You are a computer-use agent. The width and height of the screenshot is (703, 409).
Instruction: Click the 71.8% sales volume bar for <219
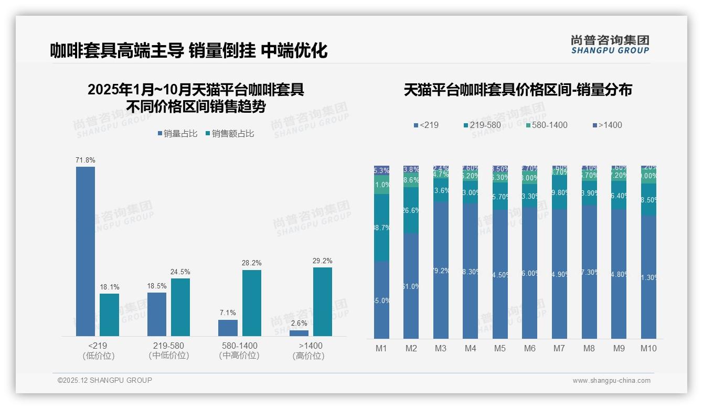86,251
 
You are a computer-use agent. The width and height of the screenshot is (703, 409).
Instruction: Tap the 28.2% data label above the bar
251,263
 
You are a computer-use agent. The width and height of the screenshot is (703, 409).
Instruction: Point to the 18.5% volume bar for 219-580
157,314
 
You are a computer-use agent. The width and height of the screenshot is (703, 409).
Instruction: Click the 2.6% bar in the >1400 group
299,333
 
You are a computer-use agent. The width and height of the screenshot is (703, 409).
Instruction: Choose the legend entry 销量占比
177,134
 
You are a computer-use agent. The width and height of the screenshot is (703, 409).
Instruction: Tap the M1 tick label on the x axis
381,348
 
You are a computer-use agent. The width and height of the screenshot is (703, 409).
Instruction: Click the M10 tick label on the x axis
648,348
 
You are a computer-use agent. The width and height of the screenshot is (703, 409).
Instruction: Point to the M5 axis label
500,348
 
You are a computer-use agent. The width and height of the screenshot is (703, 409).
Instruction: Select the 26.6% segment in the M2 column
411,210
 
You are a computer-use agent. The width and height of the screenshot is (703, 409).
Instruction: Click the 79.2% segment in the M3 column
441,270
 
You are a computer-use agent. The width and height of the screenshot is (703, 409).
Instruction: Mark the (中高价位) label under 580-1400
239,356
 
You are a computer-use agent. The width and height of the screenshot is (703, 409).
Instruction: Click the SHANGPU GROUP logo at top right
610,44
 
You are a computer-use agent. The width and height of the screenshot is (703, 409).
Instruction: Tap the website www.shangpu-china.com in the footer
611,381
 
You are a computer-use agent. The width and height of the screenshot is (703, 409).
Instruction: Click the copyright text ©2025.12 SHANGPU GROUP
105,380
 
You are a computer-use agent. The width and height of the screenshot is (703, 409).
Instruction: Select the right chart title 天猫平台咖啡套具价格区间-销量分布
518,90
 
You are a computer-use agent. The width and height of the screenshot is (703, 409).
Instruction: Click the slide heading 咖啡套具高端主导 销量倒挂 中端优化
189,51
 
